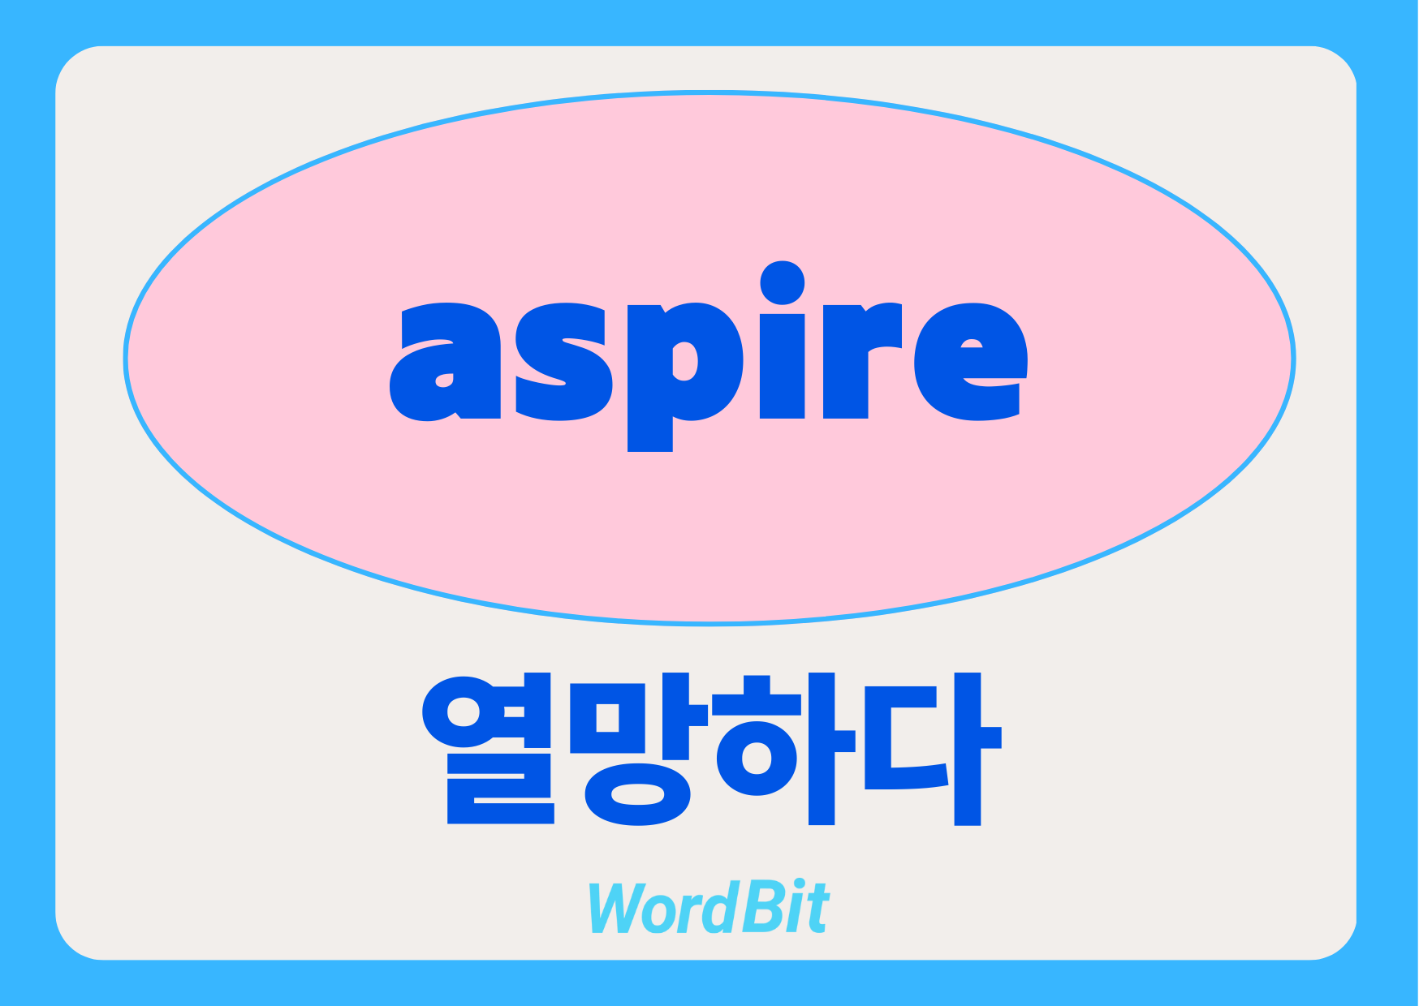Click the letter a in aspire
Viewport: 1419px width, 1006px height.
pos(445,362)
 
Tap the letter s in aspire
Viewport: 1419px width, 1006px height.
pos(563,362)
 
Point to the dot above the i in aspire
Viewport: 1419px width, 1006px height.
pos(782,282)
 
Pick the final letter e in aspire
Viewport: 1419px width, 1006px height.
pos(971,362)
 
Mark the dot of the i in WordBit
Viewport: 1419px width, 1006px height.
pos(799,885)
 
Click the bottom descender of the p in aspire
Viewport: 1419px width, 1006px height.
pos(650,436)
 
